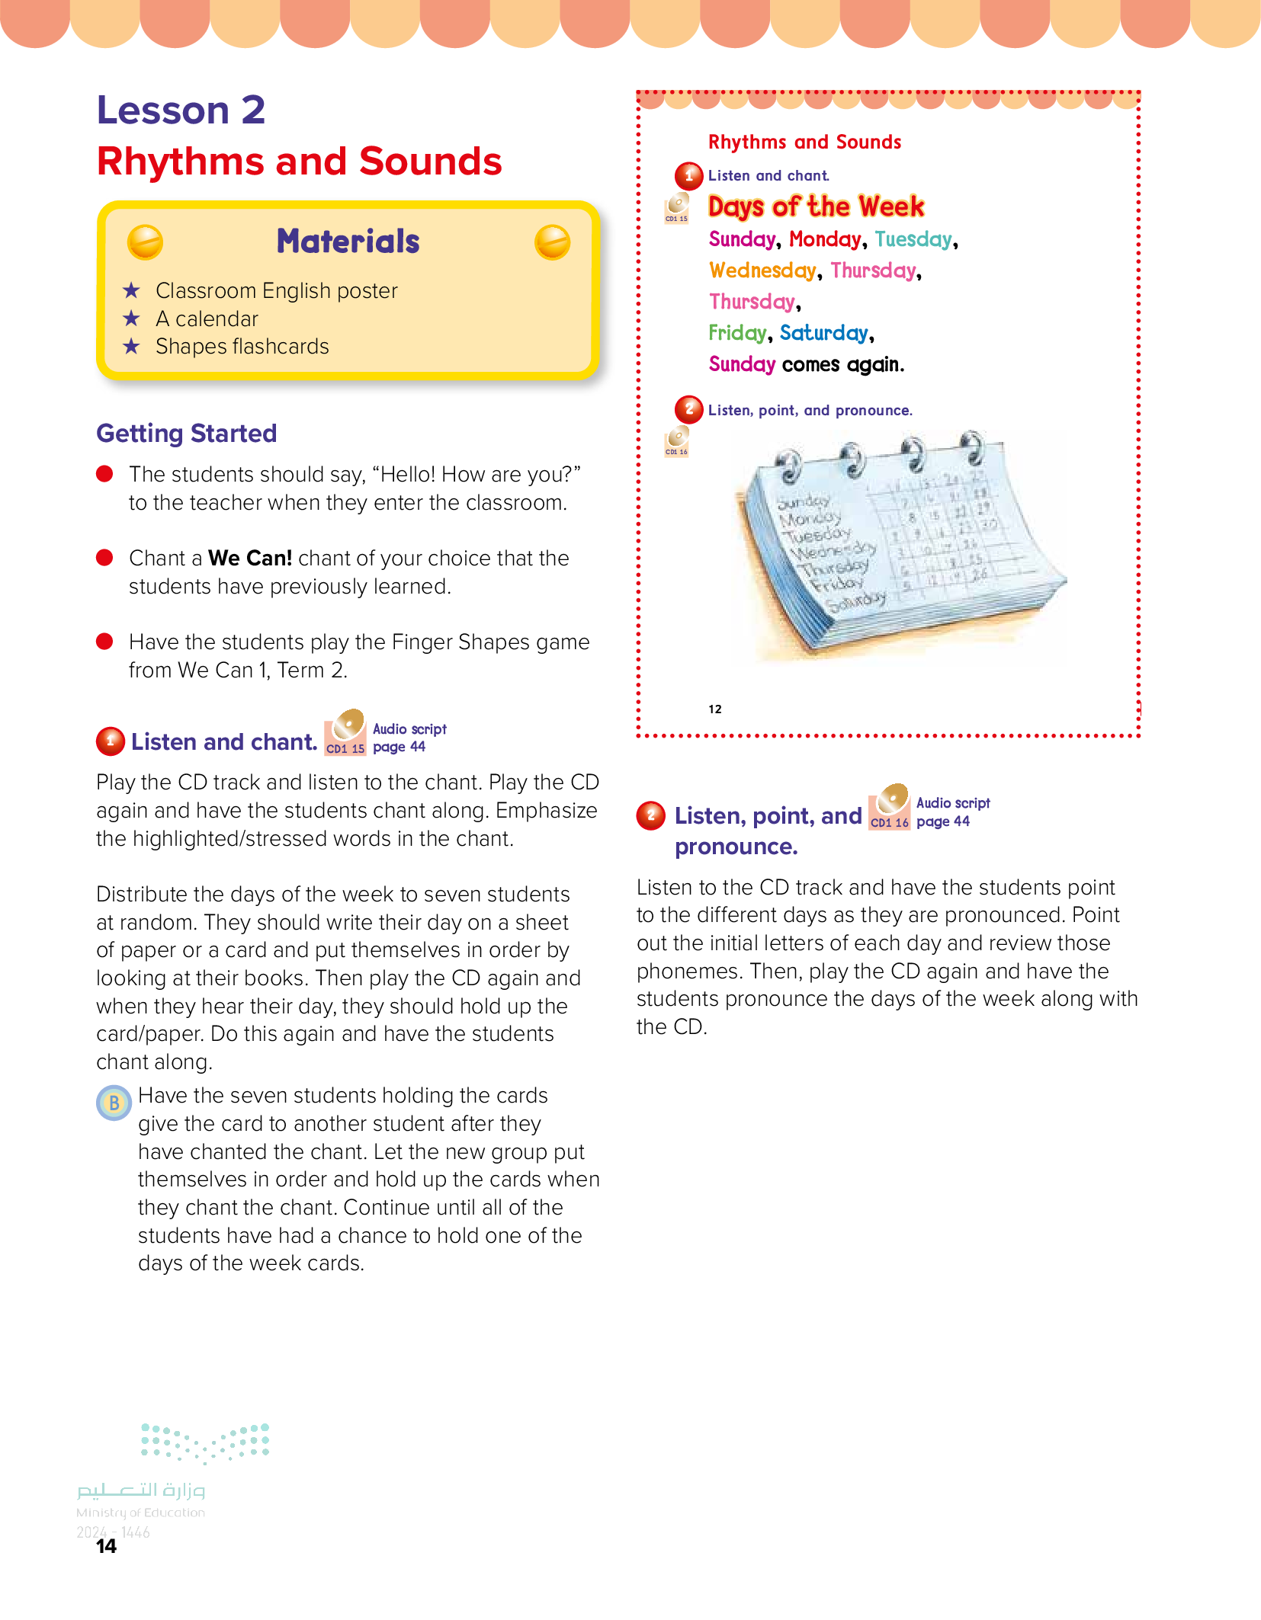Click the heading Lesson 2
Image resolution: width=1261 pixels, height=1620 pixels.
[181, 110]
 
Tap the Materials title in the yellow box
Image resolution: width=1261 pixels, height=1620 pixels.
[348, 242]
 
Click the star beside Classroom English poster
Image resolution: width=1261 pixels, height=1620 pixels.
[132, 290]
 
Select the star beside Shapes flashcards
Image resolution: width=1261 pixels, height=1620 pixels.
[132, 347]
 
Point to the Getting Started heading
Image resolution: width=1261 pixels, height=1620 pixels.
[187, 434]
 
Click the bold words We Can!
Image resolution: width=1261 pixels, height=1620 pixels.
[250, 559]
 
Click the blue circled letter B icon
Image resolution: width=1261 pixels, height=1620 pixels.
[114, 1103]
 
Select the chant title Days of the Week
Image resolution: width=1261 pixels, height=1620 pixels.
[816, 207]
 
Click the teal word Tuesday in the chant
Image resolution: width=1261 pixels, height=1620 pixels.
[913, 239]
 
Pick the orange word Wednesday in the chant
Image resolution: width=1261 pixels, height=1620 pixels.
[762, 271]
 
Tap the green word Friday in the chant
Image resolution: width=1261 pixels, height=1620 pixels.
[736, 333]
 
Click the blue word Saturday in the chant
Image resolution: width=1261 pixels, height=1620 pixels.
[823, 333]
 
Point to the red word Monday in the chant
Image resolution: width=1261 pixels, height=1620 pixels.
[824, 239]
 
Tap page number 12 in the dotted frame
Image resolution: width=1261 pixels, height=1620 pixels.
[714, 709]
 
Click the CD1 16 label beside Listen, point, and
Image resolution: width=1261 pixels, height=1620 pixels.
[890, 823]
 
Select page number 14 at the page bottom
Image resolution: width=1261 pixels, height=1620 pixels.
[106, 1546]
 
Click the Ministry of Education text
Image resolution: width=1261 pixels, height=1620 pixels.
[140, 1513]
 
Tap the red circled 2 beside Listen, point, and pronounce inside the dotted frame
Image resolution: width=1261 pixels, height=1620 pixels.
[688, 409]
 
